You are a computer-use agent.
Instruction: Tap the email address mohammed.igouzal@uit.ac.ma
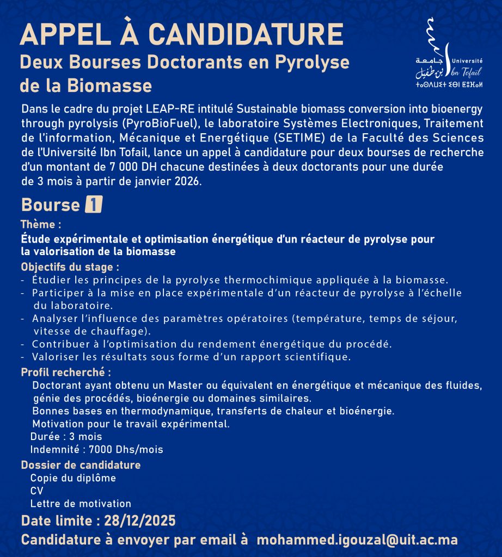point(357,540)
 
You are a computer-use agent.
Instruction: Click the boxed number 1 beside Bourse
point(94,205)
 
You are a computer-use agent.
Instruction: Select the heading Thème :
point(41,224)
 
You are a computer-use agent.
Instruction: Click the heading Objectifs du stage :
point(70,268)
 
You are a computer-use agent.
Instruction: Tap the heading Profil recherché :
point(66,373)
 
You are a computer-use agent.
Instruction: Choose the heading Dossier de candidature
point(81,465)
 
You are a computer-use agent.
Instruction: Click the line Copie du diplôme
point(73,478)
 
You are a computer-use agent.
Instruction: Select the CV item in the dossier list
point(36,491)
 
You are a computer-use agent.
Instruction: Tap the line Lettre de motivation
point(81,504)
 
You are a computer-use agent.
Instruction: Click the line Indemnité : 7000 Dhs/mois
point(96,449)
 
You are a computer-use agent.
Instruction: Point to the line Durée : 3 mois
point(66,436)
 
